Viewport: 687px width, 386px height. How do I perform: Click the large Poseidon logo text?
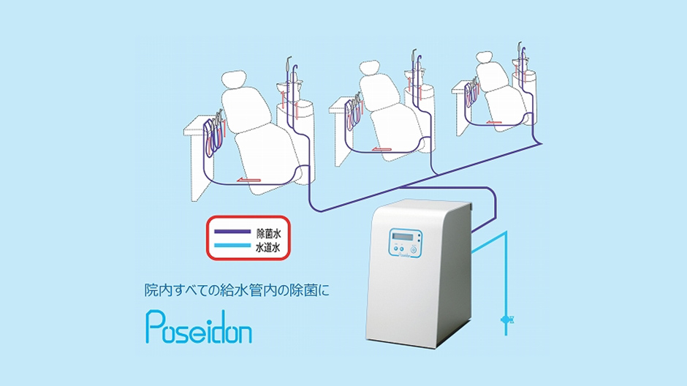click(x=199, y=327)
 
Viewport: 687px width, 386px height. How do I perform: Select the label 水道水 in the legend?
click(x=268, y=248)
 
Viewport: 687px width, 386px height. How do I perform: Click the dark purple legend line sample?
click(x=232, y=231)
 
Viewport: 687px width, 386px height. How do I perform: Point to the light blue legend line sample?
click(x=232, y=246)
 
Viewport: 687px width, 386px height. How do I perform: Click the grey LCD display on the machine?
click(x=403, y=237)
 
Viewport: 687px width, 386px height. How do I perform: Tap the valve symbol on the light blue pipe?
click(x=506, y=320)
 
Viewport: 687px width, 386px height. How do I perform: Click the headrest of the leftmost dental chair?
click(x=234, y=80)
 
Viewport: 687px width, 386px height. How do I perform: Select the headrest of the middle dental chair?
click(x=371, y=68)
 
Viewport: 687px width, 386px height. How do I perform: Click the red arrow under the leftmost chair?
click(x=248, y=180)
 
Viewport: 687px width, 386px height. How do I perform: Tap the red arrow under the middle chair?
click(x=382, y=149)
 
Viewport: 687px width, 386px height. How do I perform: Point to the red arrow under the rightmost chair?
click(x=494, y=123)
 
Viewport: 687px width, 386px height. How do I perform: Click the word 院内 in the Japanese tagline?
click(x=158, y=290)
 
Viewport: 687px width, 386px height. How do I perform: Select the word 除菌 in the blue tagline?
click(x=304, y=290)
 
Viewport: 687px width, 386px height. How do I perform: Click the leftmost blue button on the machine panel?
click(x=395, y=249)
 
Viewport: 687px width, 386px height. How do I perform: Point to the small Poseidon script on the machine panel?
click(x=406, y=255)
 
